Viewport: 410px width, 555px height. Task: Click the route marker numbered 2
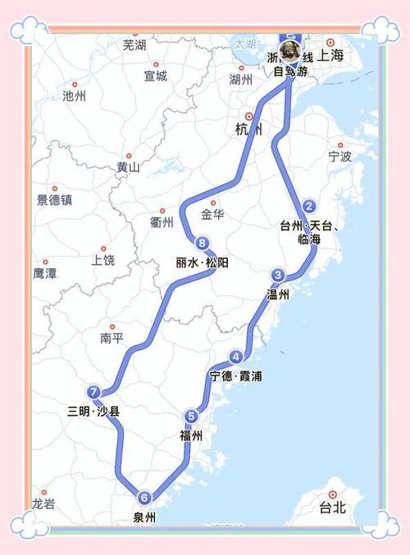coord(308,206)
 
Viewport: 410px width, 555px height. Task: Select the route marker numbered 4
coord(236,357)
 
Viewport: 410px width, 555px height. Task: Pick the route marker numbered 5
coord(191,416)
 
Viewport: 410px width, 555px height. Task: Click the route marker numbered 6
coord(144,497)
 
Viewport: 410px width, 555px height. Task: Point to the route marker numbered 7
coord(94,392)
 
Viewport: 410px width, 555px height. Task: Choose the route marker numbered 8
coord(201,242)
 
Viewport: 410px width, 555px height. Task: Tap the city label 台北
coord(334,507)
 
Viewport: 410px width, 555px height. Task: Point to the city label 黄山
coord(129,167)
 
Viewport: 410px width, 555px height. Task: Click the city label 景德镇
coord(54,199)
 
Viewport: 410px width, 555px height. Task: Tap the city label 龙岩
coord(44,503)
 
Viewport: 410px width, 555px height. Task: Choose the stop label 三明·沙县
coord(94,412)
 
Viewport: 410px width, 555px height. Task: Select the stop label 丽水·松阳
coord(203,262)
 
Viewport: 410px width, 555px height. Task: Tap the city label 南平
coord(112,337)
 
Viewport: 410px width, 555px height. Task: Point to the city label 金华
coord(212,215)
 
